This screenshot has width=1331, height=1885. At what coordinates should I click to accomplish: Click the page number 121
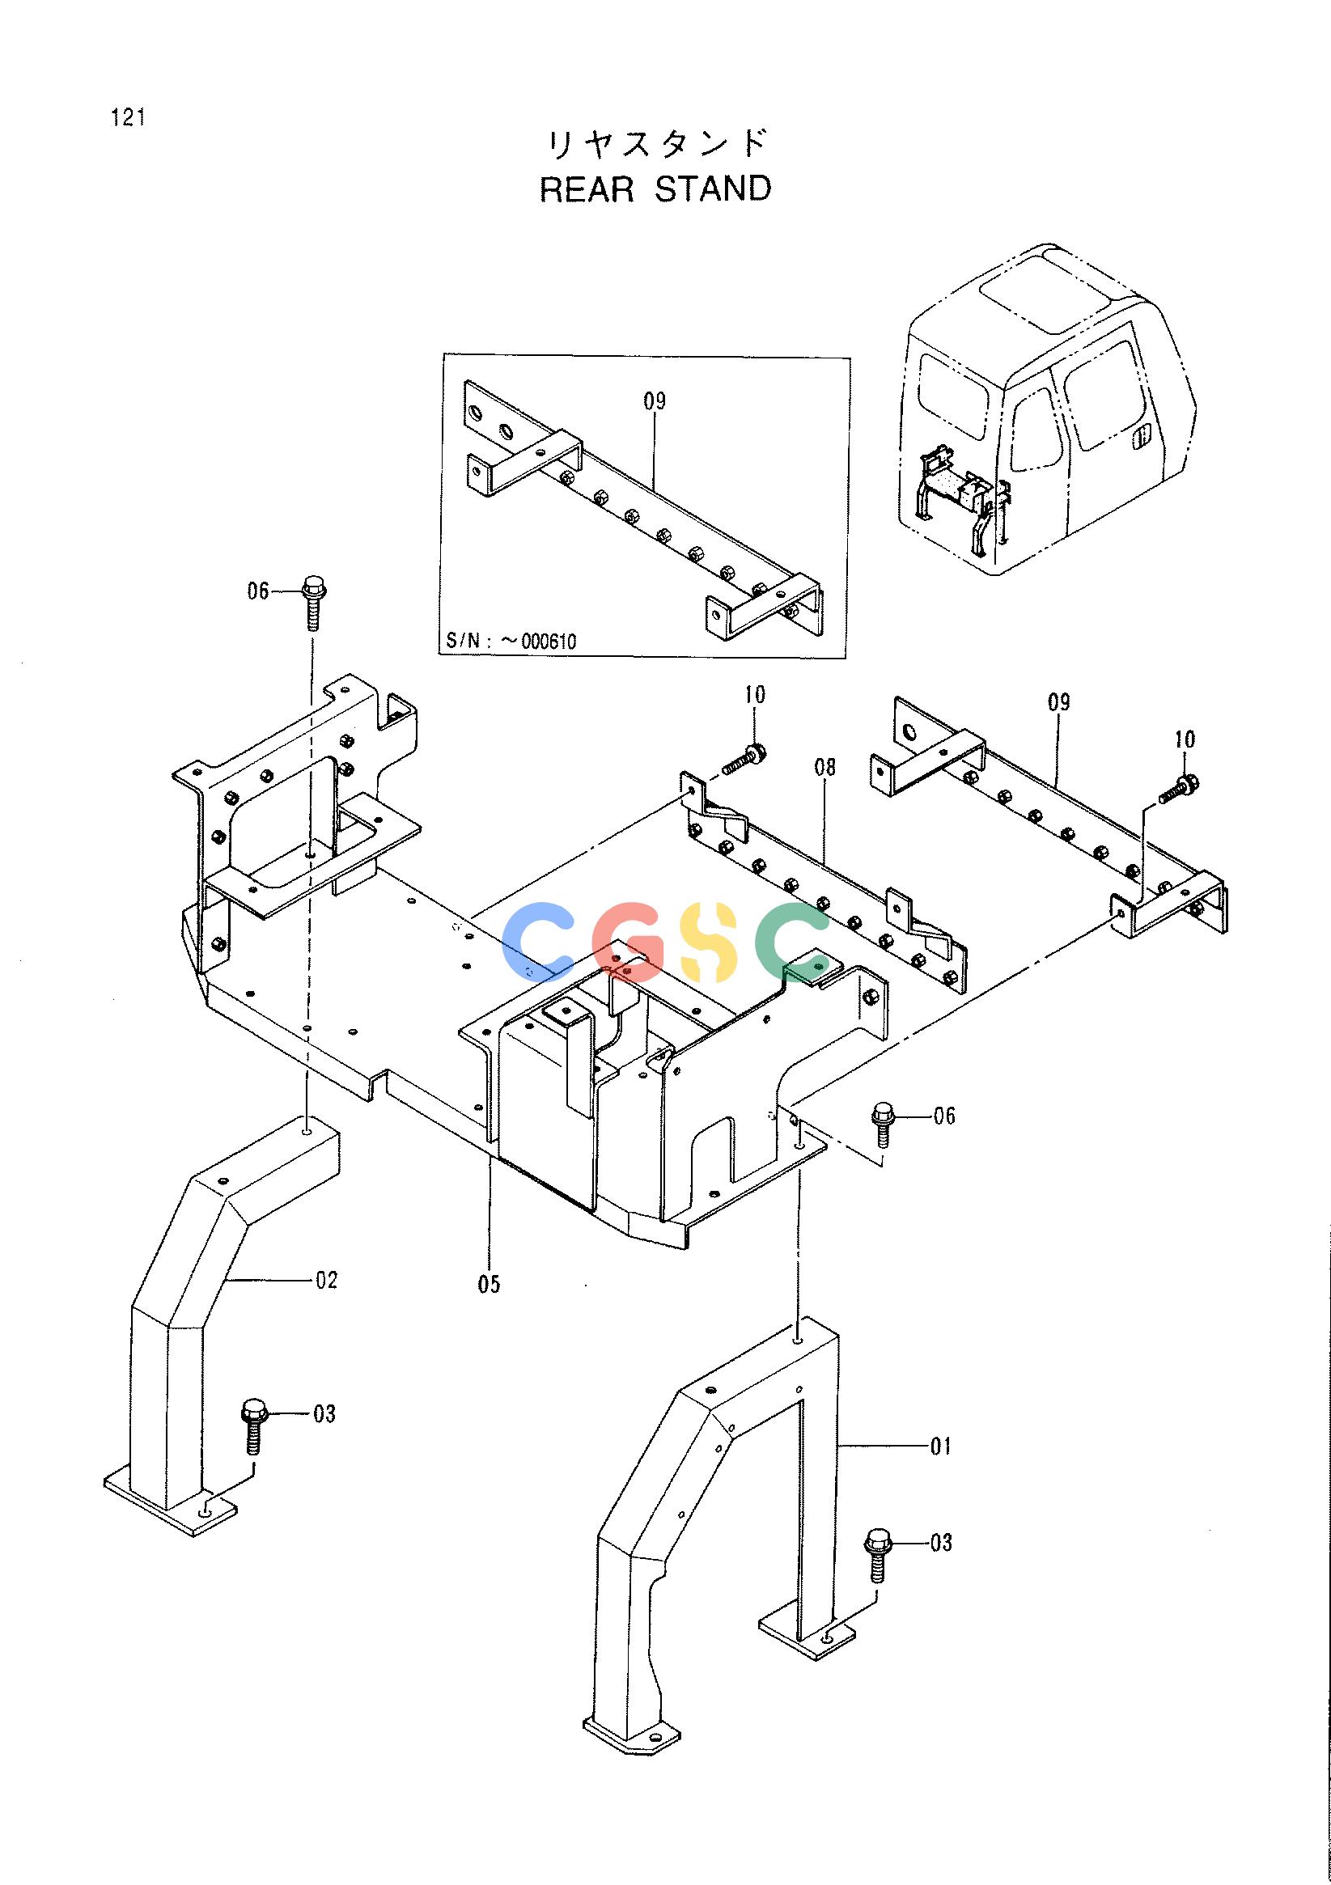click(x=127, y=117)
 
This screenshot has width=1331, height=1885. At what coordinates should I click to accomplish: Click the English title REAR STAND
click(x=655, y=188)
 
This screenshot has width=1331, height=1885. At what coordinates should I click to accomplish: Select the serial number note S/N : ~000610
click(x=511, y=641)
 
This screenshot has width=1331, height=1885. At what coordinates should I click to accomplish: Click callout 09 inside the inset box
click(x=655, y=401)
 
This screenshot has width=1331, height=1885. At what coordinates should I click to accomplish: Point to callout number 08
click(x=824, y=767)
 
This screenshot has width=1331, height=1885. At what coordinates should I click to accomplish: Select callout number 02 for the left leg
click(x=326, y=1280)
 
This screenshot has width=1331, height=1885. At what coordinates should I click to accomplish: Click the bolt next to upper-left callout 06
click(x=313, y=602)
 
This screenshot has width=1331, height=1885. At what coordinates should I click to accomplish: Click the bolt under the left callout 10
click(x=744, y=759)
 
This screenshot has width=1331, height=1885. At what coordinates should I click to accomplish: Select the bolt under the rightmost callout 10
click(x=1179, y=788)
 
